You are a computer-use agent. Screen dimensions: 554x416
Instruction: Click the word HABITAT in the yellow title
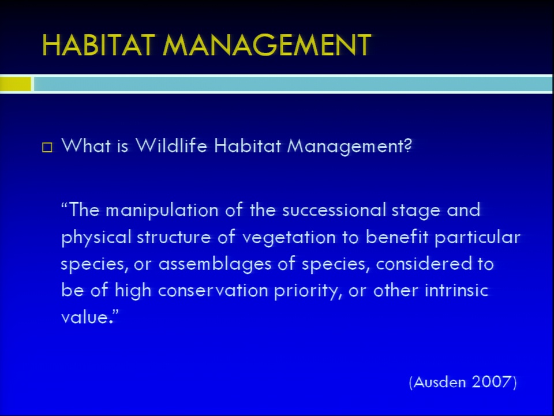[99, 45]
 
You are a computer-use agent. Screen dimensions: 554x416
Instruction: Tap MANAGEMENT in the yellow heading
[267, 45]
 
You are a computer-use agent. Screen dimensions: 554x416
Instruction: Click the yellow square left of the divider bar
[16, 84]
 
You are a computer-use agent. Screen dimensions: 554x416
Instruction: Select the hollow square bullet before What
[47, 147]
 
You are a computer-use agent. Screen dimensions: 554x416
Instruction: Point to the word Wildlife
[171, 146]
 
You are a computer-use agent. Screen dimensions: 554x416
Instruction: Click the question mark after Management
[407, 146]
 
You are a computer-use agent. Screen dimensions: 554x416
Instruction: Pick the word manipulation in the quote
[162, 211]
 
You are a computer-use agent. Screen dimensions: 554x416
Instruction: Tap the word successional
[334, 210]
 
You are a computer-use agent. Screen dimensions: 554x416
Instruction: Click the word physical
[96, 237]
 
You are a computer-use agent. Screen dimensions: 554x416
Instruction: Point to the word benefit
[397, 237]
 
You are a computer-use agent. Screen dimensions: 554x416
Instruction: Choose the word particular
[477, 237]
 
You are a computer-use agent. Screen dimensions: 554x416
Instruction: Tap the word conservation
[213, 291]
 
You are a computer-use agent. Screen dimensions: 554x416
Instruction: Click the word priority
[308, 291]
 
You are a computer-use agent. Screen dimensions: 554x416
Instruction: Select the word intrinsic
[456, 291]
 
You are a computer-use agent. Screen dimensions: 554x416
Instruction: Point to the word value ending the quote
[84, 317]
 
